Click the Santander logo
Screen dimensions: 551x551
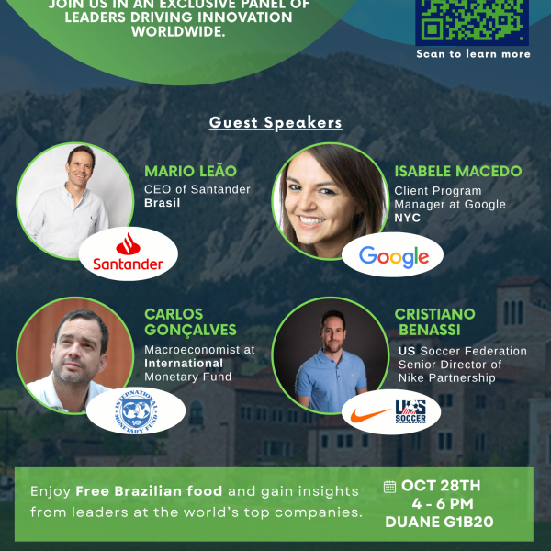click(128, 252)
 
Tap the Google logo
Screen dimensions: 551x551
click(394, 257)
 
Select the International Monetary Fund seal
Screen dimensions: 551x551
click(136, 410)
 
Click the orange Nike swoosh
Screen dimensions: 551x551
click(371, 415)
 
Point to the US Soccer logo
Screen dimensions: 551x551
click(410, 411)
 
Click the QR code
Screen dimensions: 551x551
click(472, 21)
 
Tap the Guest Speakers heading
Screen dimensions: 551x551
click(275, 123)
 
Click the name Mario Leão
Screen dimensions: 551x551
click(190, 171)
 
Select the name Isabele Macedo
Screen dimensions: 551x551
click(458, 171)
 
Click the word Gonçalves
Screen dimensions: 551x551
click(190, 330)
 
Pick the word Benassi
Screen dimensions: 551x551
click(430, 330)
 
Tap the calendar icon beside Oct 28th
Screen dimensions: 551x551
click(389, 487)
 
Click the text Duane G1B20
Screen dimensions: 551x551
click(439, 522)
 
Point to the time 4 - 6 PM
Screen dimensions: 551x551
click(443, 504)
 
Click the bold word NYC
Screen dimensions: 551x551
click(407, 218)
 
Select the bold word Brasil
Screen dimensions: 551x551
click(162, 203)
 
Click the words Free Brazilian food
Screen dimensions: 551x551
click(149, 491)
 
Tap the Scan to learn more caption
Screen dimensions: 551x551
click(473, 54)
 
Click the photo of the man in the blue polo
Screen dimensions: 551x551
click(331, 355)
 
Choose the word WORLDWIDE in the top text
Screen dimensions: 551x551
click(178, 31)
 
